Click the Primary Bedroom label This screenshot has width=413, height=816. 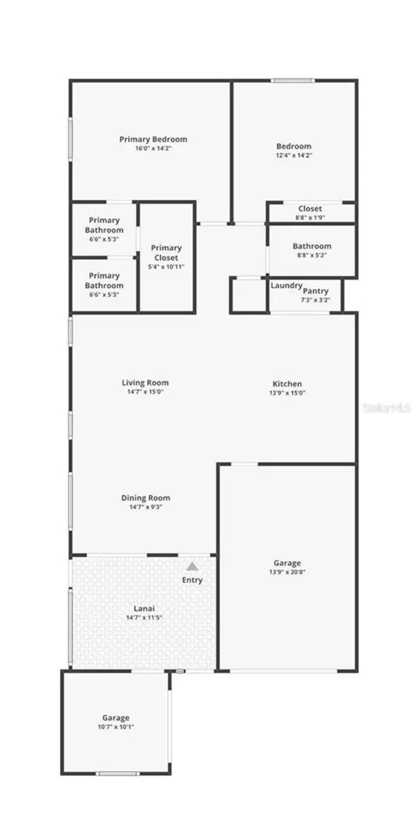(153, 139)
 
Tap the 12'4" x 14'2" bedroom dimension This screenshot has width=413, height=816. (293, 155)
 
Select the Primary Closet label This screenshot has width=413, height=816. (166, 253)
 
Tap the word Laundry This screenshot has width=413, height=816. (286, 286)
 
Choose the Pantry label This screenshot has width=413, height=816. (316, 291)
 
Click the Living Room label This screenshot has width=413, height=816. (145, 383)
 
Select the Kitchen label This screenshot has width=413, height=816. (287, 384)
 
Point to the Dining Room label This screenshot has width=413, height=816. (146, 498)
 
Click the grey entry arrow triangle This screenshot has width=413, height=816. (193, 566)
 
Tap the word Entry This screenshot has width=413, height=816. (192, 580)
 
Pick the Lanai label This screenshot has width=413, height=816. (144, 609)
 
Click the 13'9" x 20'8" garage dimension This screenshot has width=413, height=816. (287, 573)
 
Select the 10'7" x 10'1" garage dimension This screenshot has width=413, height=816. (116, 727)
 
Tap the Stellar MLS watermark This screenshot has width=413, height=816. (388, 408)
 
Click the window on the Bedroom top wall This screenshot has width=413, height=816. (293, 81)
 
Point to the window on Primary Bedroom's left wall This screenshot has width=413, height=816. (70, 140)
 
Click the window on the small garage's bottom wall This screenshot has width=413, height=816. (118, 773)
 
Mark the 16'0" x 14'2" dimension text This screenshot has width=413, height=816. (153, 148)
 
